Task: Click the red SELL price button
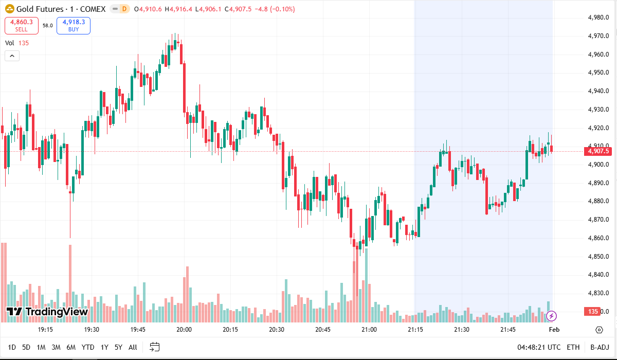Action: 22,25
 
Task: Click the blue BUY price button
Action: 74,25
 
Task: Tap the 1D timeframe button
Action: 12,347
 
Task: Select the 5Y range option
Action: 118,347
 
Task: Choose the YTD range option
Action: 88,347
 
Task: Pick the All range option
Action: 133,347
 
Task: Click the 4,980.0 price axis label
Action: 598,17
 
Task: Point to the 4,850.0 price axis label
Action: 598,256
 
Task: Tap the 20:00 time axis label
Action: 184,330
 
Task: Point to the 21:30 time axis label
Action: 462,330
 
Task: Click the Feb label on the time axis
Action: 554,330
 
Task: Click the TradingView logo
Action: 47,312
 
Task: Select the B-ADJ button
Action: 600,347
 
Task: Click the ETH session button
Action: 573,347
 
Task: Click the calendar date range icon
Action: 155,347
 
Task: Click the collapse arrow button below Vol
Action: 12,56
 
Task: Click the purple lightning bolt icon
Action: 551,315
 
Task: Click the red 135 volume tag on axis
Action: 593,312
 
